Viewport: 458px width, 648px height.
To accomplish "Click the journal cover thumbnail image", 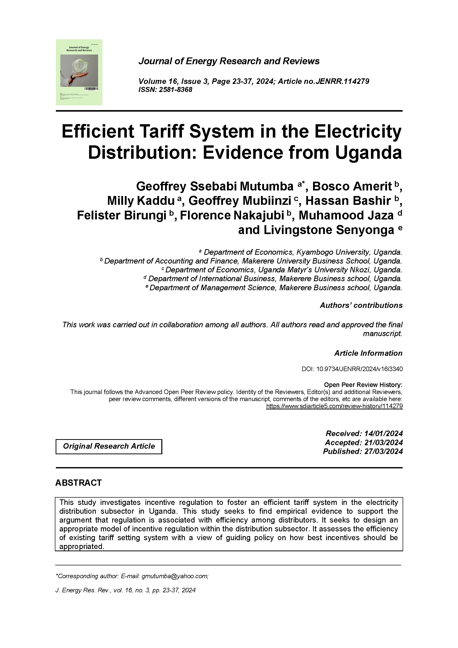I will point(79,72).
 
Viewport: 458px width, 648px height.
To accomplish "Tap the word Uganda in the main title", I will point(368,152).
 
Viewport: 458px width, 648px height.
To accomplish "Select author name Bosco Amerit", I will point(352,186).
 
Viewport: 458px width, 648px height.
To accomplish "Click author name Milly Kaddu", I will point(141,201).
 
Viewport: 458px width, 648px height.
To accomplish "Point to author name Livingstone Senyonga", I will point(316,230).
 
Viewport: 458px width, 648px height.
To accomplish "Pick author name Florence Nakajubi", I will point(232,215).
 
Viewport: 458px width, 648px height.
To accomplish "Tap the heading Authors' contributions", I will point(361,305).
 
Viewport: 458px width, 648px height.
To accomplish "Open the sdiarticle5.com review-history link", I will point(334,406).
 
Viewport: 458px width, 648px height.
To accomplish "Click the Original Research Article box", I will point(109,446).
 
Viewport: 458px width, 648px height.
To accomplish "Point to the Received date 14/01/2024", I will point(383,433).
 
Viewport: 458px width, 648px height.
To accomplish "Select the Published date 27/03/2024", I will point(383,451).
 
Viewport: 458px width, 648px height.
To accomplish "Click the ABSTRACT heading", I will point(79,483).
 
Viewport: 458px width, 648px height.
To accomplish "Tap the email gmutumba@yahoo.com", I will point(175,576).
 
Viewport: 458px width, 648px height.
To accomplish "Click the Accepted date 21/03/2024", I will point(383,442).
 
